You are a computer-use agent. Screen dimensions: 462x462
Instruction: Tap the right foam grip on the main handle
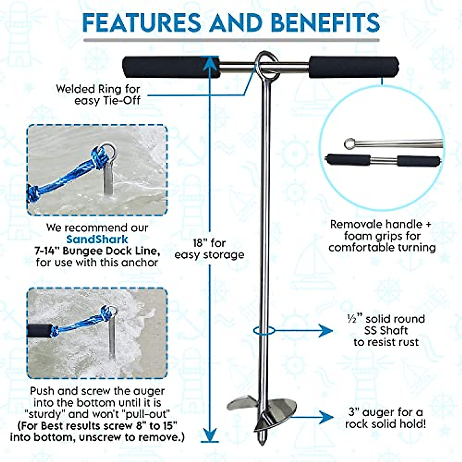click(354, 67)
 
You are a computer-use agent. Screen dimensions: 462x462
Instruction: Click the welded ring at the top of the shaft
click(267, 66)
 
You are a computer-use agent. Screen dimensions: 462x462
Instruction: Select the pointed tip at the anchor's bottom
click(262, 439)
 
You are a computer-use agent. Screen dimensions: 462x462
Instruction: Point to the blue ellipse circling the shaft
click(264, 330)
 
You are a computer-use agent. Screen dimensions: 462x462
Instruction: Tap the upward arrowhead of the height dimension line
click(209, 64)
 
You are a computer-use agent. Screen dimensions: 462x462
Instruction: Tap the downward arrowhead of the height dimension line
click(209, 435)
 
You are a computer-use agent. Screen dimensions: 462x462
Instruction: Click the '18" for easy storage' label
click(209, 249)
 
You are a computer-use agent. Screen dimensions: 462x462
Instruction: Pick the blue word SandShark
click(97, 239)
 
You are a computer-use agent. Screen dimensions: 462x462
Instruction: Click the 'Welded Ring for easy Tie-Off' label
click(98, 94)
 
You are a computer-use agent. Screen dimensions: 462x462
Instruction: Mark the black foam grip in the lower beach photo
click(40, 330)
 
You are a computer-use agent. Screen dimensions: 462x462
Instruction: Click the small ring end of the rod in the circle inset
click(349, 144)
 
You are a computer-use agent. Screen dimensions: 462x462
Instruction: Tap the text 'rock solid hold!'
click(385, 424)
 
